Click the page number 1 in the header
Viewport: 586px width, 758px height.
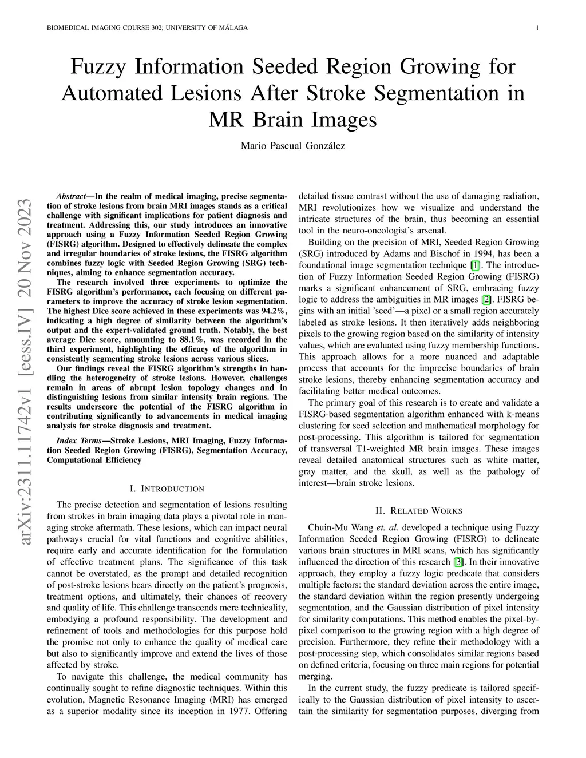click(x=538, y=28)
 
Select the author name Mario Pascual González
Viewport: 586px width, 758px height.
click(x=292, y=146)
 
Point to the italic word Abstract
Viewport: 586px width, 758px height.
click(x=71, y=196)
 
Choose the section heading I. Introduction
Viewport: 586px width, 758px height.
click(x=167, y=489)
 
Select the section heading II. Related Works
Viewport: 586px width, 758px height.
click(x=419, y=510)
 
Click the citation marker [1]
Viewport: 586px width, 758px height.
click(x=474, y=265)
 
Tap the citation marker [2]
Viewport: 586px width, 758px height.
click(x=486, y=300)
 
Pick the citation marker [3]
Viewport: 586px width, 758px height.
click(x=457, y=562)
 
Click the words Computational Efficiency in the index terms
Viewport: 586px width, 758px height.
click(x=94, y=459)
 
